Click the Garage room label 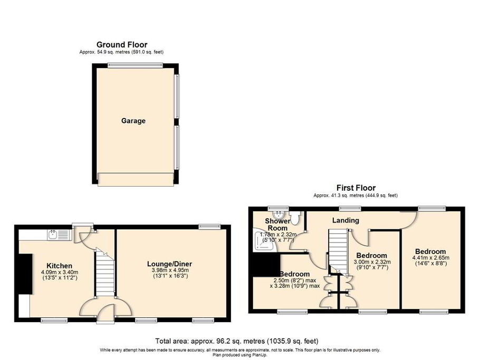click(x=133, y=121)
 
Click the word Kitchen click(x=59, y=265)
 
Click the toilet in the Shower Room click(x=296, y=216)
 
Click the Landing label click(x=345, y=220)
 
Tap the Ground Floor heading click(x=122, y=45)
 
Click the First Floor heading click(x=356, y=188)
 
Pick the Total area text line click(x=237, y=340)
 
